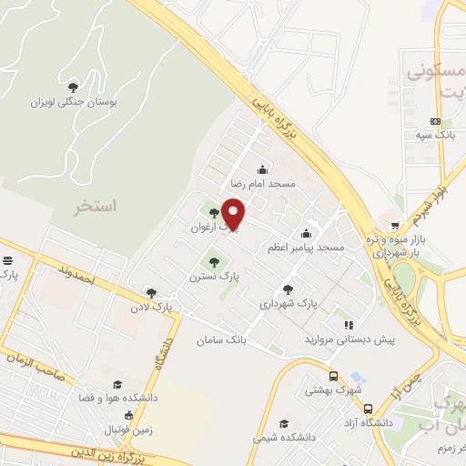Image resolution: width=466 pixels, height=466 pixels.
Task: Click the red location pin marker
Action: [235, 215]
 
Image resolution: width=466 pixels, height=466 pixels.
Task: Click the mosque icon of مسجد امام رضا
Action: [263, 168]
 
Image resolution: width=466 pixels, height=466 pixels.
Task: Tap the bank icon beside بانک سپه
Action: [435, 121]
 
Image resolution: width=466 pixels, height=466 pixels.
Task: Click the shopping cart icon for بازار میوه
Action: [394, 225]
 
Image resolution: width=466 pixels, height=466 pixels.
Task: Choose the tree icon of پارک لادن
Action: [150, 293]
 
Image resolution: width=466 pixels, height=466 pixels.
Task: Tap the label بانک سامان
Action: [220, 339]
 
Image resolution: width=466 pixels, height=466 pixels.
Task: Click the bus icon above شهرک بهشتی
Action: [333, 375]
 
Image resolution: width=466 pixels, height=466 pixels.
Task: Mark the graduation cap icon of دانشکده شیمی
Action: [284, 424]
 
